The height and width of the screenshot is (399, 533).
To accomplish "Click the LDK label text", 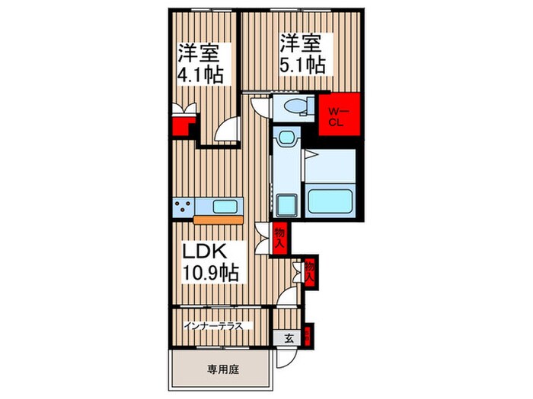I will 202,252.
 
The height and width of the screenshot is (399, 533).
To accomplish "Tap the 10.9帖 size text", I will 209,272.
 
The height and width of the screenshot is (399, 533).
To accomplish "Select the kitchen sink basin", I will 226,207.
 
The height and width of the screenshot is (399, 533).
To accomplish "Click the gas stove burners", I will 184,207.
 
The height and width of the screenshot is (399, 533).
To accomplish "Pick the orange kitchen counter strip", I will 219,220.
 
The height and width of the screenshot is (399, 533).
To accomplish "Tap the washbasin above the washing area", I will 286,138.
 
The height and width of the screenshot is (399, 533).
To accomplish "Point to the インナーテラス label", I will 213,327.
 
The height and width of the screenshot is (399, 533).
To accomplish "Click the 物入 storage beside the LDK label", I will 279,239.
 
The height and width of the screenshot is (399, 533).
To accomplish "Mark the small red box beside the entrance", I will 306,333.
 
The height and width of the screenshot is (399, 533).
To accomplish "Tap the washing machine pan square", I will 288,204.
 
